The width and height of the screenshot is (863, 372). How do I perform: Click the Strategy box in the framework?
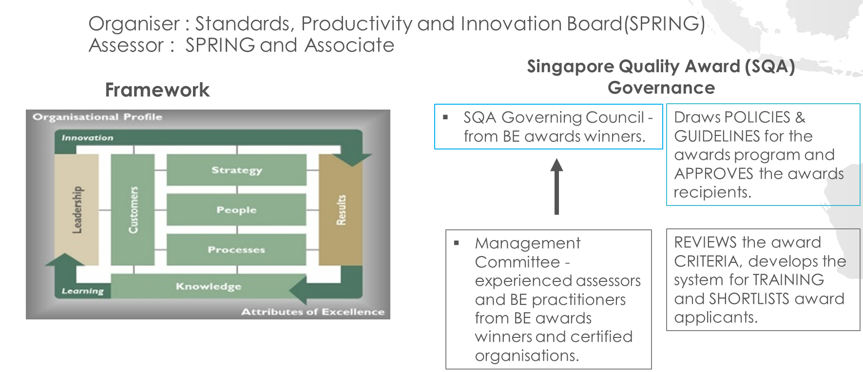[x=236, y=169]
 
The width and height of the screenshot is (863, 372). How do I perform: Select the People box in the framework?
[x=236, y=209]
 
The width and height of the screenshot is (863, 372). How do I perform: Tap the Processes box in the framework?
[x=236, y=249]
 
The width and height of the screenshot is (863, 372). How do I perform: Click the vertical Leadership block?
[x=77, y=209]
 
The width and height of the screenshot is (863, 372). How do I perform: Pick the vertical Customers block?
[x=133, y=209]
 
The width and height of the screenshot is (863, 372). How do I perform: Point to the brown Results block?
[x=341, y=210]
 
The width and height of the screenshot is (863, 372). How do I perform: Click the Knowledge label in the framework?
[x=209, y=286]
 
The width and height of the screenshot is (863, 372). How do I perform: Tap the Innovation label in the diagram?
[x=87, y=138]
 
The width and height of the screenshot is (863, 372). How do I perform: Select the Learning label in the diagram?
[x=83, y=291]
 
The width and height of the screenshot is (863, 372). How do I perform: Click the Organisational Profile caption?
[x=97, y=117]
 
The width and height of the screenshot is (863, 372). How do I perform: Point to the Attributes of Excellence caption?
[x=313, y=312]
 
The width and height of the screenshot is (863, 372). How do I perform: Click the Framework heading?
[x=157, y=90]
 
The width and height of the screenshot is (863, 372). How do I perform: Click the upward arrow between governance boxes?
[x=556, y=186]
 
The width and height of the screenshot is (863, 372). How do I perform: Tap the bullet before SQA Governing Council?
[x=445, y=117]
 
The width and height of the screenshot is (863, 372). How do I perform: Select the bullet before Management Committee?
[x=457, y=242]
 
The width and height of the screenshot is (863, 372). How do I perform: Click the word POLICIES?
[x=757, y=117]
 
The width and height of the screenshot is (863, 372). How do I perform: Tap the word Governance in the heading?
[x=661, y=88]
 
